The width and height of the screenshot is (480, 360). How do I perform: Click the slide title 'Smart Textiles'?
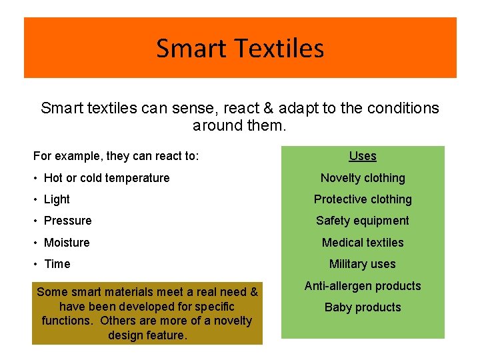coord(240,48)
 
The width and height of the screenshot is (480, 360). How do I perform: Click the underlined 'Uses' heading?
coord(363,156)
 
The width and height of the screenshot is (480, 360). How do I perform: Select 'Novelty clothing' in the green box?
coord(363,178)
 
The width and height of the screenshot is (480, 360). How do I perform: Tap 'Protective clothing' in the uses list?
coord(363,199)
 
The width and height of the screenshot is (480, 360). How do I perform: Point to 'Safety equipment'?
coord(363,221)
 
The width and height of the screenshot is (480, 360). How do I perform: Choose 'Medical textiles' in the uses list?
coord(363,243)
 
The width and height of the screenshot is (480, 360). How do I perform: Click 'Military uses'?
coord(363,264)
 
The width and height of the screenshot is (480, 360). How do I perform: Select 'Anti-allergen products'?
coord(363,286)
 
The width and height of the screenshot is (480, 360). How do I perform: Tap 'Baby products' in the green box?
coord(363,307)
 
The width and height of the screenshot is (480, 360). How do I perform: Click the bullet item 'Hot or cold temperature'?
coord(107,178)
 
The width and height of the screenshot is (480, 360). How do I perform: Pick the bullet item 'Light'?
coord(57,199)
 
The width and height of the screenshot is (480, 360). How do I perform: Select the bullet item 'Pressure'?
coord(67,221)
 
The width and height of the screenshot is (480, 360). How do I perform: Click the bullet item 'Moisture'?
coord(67,243)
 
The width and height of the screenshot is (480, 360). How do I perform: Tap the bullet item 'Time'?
coord(57,264)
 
